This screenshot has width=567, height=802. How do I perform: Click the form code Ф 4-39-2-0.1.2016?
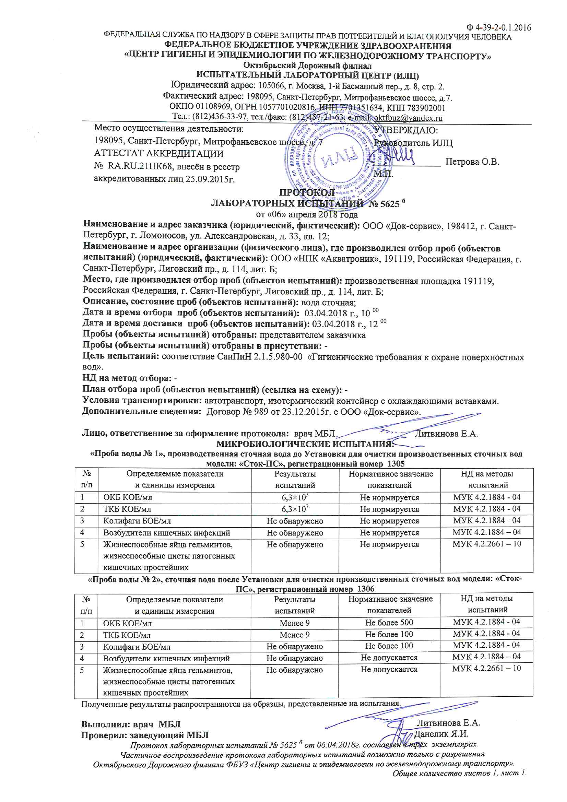coord(499,28)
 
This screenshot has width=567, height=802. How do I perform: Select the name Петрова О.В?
coord(472,162)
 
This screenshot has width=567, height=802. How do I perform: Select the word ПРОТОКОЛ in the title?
coord(306,193)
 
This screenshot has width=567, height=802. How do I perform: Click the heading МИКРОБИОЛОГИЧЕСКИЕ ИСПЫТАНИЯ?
coord(305,444)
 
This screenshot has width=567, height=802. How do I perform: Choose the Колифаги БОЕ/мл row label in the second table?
coord(137,646)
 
